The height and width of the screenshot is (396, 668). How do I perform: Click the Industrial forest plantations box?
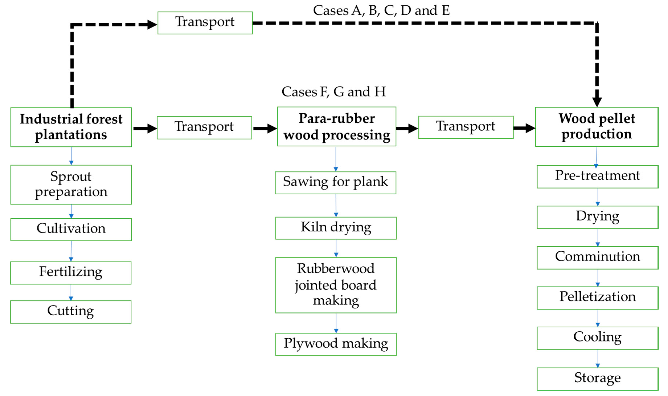click(71, 127)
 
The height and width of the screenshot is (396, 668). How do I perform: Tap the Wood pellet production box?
click(596, 127)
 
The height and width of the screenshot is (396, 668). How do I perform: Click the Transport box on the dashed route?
click(205, 23)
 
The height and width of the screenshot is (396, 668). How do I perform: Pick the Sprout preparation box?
click(71, 185)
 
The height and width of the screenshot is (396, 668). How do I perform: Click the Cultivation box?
click(71, 229)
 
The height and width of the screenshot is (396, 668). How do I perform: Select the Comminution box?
click(597, 258)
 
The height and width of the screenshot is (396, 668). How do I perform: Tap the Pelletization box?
click(597, 298)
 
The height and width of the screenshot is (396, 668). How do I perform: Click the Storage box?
click(597, 379)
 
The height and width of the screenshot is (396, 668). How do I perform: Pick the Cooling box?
click(597, 338)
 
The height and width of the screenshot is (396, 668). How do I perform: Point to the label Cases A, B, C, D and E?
click(381, 11)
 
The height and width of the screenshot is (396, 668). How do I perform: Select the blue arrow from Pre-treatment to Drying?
click(597, 197)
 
